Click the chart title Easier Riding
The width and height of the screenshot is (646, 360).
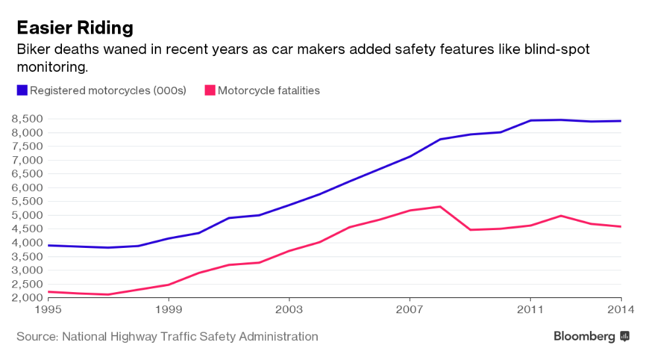(x=74, y=28)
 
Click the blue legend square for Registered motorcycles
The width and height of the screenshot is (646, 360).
(x=22, y=90)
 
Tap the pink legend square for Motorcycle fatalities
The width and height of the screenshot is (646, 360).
(x=210, y=90)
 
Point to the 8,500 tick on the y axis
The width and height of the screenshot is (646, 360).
(x=27, y=119)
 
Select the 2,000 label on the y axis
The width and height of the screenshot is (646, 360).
(x=27, y=298)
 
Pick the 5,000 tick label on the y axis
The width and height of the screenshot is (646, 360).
(x=27, y=215)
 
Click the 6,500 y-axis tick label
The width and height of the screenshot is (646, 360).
(x=27, y=174)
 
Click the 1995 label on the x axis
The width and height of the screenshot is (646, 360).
(x=48, y=309)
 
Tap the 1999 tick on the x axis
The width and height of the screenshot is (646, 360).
(x=169, y=309)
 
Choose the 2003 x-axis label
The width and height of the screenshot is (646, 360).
(x=289, y=309)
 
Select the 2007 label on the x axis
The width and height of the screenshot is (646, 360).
(x=409, y=309)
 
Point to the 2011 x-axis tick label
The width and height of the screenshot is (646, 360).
(x=530, y=309)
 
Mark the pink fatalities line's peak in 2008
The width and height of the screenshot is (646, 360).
(x=440, y=206)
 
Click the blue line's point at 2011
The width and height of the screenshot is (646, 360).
(x=530, y=121)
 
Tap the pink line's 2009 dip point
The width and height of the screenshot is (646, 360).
(x=470, y=229)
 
